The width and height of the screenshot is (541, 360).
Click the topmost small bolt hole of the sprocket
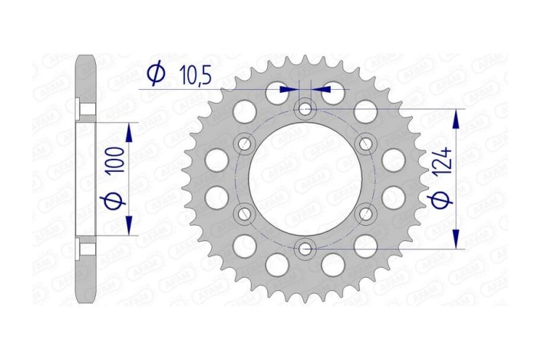pos(305,109)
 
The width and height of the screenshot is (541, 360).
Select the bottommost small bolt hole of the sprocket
pos(305,248)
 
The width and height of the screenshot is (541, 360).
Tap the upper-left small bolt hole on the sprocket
pos(246,143)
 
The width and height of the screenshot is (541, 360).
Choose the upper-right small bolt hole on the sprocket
pos(365,143)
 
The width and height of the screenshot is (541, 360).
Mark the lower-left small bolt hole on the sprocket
pos(246,213)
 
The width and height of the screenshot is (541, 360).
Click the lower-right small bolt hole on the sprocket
pos(365,213)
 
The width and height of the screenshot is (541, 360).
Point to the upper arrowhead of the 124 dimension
pos(457,117)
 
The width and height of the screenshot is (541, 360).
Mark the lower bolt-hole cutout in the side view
pos(87,249)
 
